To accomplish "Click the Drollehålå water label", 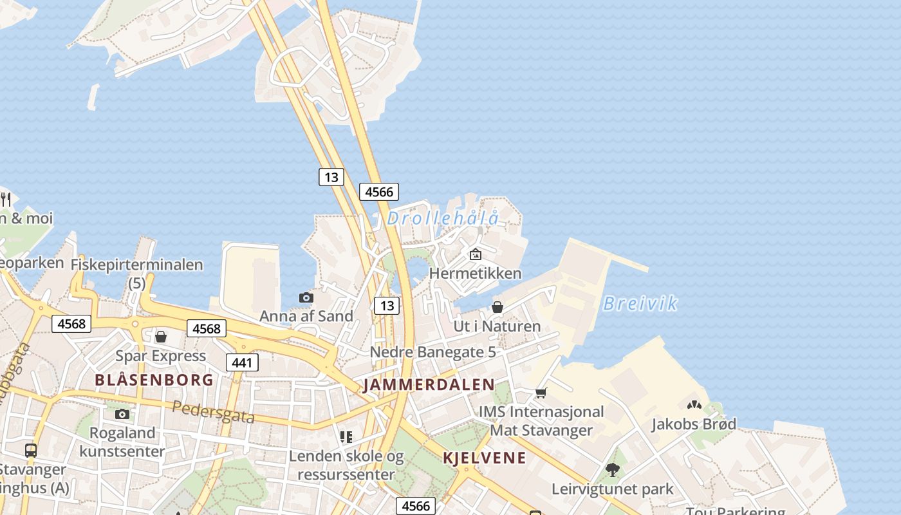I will [443, 219].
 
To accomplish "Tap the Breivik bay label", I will [640, 303].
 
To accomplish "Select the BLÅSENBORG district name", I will [154, 380].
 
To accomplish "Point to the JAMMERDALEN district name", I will [429, 386].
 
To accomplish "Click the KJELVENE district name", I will [485, 458].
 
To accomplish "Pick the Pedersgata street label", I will [213, 412].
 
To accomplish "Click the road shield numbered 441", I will [242, 362].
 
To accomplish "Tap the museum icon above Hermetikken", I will [476, 254].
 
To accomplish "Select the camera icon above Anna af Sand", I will [306, 297].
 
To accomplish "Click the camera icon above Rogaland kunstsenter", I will [122, 414].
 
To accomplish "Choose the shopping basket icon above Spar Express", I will [161, 337].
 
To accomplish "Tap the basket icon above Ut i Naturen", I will [497, 307].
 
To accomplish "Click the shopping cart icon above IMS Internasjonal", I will [541, 393].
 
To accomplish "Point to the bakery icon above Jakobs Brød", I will [694, 406].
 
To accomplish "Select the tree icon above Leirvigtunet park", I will [612, 470].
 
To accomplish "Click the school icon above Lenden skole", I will [346, 437].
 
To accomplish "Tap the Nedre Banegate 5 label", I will [432, 352].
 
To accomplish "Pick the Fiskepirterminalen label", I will [136, 265].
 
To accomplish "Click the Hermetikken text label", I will [475, 273].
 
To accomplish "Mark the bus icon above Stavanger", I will [30, 450].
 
